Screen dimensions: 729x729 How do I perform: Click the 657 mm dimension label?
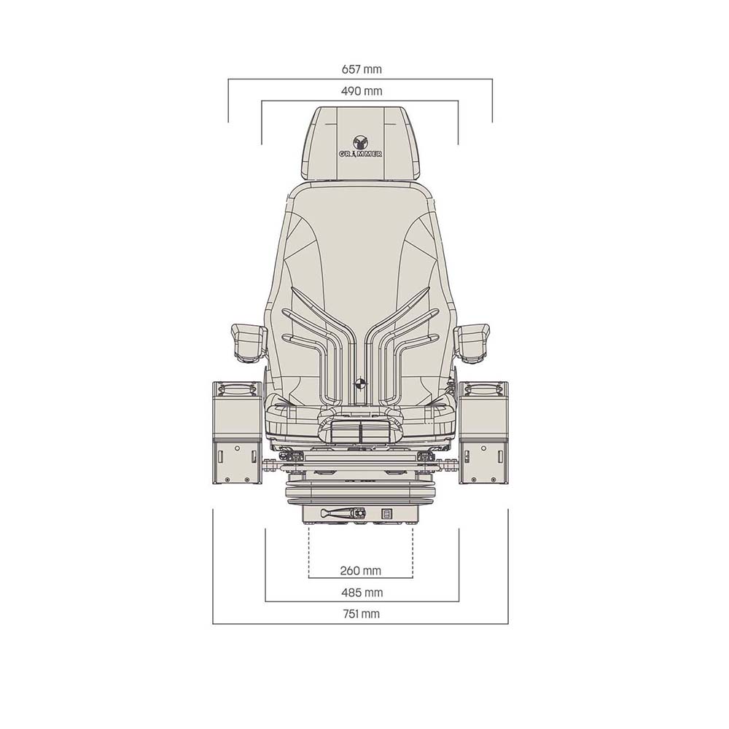[362, 69]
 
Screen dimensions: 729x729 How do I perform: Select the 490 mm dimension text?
[362, 91]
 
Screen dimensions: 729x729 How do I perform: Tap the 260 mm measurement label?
[361, 571]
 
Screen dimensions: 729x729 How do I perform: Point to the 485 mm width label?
[362, 593]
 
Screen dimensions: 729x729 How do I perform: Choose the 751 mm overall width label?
[362, 614]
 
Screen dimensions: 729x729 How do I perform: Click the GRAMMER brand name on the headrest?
[360, 153]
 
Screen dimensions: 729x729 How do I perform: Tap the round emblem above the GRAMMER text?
[360, 142]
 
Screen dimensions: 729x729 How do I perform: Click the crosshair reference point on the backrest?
[361, 383]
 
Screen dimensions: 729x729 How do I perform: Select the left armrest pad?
[249, 343]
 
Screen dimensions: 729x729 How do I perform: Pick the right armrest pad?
[472, 343]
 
